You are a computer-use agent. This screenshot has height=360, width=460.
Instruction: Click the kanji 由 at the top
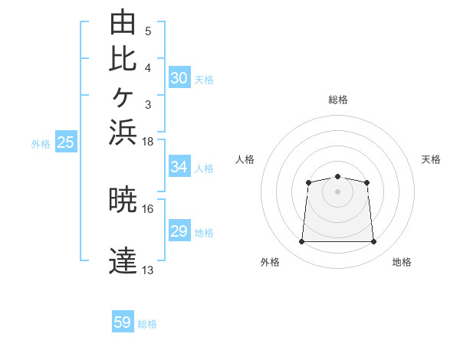click(123, 22)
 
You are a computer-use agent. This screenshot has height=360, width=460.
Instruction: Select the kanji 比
click(123, 60)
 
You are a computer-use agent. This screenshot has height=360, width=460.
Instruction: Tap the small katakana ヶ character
click(123, 97)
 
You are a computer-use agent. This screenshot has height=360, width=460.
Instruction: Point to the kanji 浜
click(123, 133)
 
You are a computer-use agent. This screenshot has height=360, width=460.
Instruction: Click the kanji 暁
click(123, 199)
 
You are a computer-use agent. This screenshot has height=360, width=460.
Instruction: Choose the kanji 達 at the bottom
click(123, 260)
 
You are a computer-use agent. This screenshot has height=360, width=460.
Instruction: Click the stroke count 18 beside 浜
click(147, 142)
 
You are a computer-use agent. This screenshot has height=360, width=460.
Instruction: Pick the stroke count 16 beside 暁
click(147, 209)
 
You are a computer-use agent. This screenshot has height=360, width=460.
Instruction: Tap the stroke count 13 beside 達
click(147, 270)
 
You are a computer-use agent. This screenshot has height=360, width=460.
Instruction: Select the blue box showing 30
click(179, 77)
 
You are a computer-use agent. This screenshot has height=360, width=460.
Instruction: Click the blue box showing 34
click(179, 166)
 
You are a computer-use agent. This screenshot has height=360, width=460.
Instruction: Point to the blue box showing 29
click(179, 230)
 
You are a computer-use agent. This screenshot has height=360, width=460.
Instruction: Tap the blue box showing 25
click(66, 141)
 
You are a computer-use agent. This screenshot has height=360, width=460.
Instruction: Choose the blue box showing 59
click(123, 321)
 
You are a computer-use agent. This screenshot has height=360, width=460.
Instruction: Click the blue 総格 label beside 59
click(147, 324)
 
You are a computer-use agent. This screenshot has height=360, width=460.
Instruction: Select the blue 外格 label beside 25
click(41, 144)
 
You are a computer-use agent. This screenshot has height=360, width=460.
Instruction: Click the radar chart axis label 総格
click(338, 100)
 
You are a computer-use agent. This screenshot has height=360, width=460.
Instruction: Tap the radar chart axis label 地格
click(402, 262)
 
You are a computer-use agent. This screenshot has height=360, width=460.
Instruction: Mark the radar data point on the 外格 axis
click(301, 241)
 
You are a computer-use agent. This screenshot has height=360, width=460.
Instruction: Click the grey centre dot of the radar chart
click(337, 191)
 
